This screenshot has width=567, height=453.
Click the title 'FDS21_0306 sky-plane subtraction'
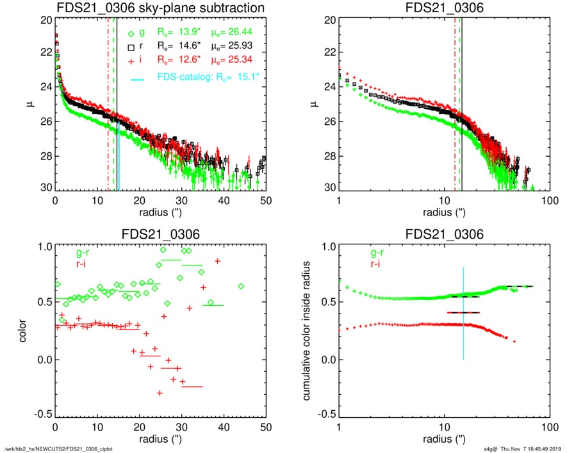[x=161, y=8]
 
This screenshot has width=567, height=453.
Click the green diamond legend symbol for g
[x=132, y=34]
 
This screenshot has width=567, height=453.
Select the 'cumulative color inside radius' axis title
[x=308, y=331]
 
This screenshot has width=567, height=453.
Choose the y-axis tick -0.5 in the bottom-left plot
[x=42, y=415]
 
